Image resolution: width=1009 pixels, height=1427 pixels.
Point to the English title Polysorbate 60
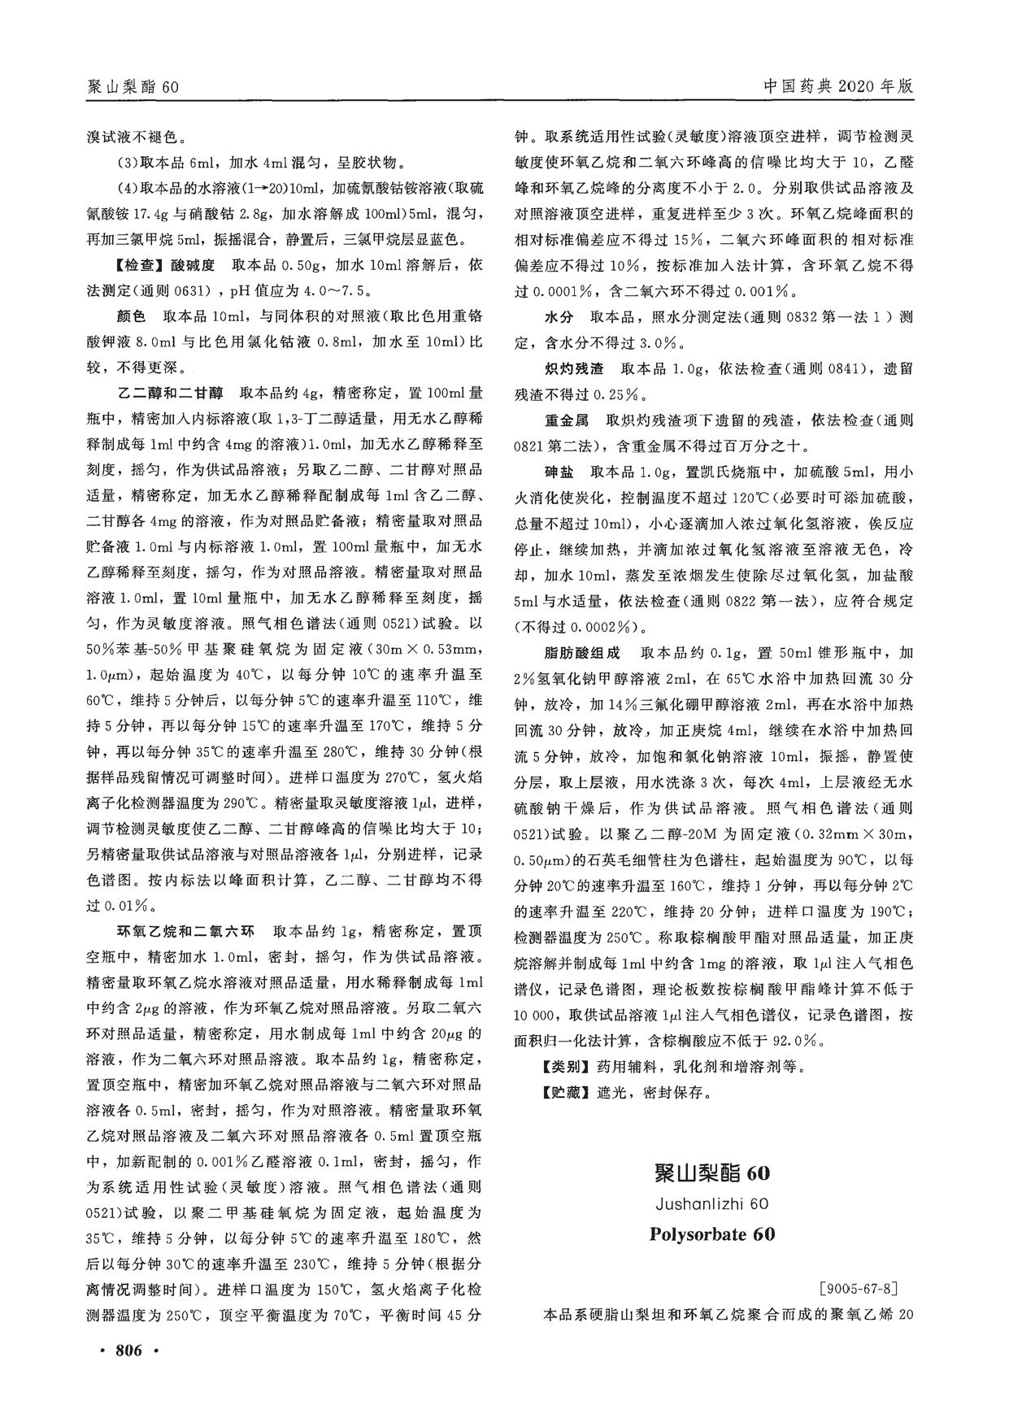[x=712, y=1233]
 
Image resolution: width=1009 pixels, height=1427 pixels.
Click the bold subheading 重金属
[x=565, y=420]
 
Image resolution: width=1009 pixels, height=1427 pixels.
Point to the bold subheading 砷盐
[x=557, y=472]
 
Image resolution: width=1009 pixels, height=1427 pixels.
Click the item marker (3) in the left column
[x=128, y=163]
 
